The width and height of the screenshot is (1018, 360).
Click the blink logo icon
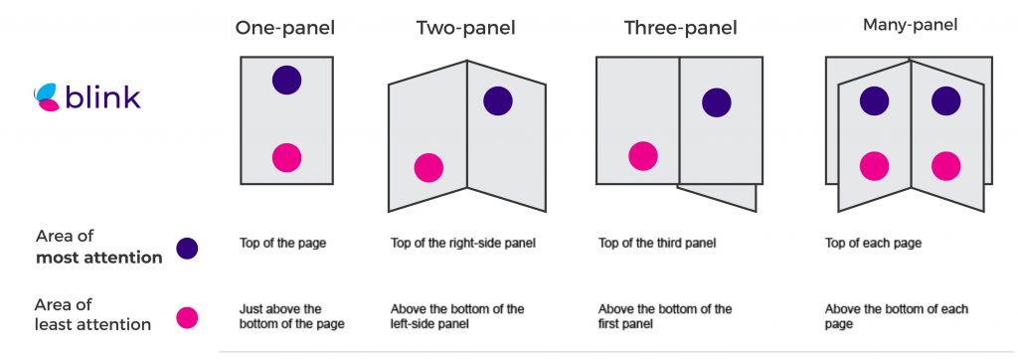(x=47, y=96)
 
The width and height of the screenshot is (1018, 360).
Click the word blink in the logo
(x=103, y=96)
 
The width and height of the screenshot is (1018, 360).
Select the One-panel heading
(x=285, y=28)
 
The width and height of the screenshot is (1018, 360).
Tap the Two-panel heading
(x=465, y=28)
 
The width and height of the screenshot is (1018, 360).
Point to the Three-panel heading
(x=680, y=28)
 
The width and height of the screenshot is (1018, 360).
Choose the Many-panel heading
(x=910, y=25)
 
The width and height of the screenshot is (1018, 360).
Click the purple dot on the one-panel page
(x=286, y=80)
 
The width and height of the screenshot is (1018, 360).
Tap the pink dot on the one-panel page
(x=286, y=158)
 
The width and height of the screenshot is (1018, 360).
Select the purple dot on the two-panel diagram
(x=498, y=100)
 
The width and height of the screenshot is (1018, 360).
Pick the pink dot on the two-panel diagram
(x=428, y=168)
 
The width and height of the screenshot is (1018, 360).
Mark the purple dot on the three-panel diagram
(x=717, y=102)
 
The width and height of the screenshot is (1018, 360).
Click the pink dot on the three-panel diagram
(x=643, y=156)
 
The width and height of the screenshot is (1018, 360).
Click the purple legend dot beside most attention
(x=187, y=249)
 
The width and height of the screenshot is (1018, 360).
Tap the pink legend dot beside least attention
(x=187, y=318)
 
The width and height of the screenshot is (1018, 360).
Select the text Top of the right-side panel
(x=463, y=244)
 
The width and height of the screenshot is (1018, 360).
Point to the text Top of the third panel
(x=656, y=244)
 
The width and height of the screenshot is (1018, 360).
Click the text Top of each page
(x=873, y=244)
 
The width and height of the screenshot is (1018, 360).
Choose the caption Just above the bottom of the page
(x=291, y=316)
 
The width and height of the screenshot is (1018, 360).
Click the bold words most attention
(x=98, y=258)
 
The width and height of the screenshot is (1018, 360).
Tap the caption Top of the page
(x=282, y=244)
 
